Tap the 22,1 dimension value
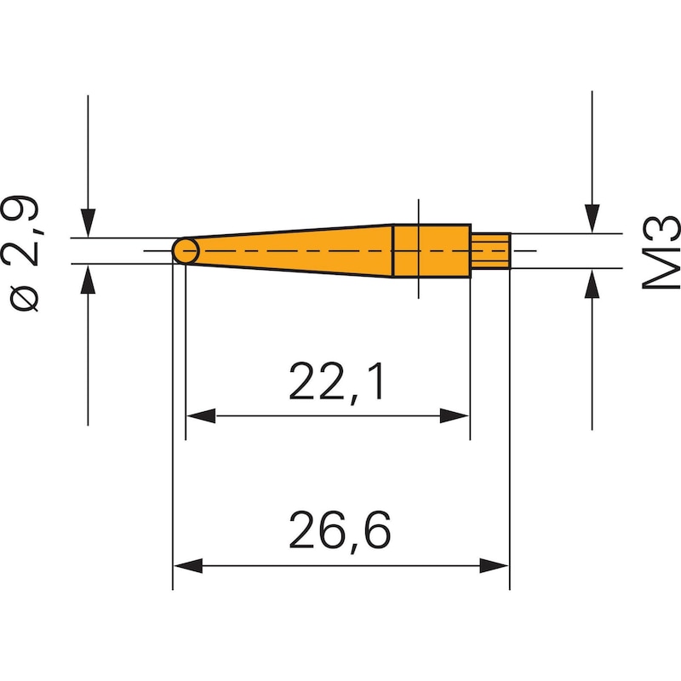point(336,383)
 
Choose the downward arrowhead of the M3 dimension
point(592,219)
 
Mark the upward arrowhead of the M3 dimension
point(592,282)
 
